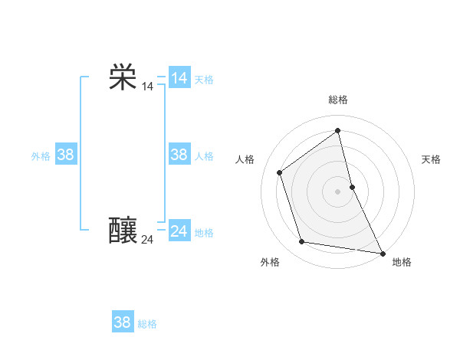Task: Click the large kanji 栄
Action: [123, 77]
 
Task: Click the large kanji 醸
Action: [123, 231]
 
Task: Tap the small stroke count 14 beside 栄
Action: [147, 87]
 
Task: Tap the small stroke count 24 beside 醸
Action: [147, 240]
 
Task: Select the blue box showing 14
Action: [179, 78]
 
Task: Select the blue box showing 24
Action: [179, 231]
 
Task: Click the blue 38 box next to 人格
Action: [179, 155]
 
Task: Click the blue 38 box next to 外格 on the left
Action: [65, 155]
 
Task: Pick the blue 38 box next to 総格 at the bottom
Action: [122, 322]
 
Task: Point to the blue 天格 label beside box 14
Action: [204, 80]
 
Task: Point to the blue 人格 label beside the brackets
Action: [204, 156]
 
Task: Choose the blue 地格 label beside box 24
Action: [204, 233]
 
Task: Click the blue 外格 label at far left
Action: [41, 156]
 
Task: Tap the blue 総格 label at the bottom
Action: [147, 324]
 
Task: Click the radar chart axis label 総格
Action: [338, 100]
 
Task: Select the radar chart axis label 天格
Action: [432, 159]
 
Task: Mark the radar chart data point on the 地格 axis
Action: [382, 252]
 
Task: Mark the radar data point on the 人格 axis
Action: [280, 172]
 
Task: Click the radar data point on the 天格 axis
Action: [352, 186]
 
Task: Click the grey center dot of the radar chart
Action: [337, 191]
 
